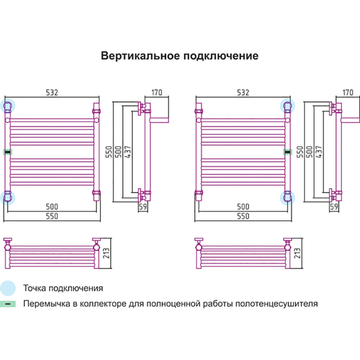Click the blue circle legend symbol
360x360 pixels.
8,288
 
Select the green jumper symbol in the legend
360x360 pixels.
8,304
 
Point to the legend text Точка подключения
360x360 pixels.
63,288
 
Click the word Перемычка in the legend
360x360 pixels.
46,303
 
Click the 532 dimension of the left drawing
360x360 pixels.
52,93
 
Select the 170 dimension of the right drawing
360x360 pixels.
348,93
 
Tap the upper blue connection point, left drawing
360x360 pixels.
8,106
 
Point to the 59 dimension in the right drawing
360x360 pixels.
334,207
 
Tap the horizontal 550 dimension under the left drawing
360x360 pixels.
52,216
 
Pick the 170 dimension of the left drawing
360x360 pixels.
157,93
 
